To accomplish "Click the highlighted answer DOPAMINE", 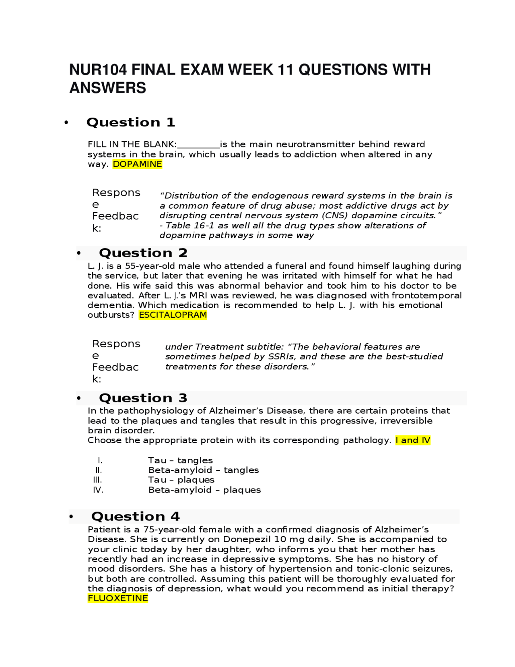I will (x=137, y=164).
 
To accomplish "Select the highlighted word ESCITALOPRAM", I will (x=173, y=315).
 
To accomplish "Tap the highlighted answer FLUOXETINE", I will (x=118, y=599).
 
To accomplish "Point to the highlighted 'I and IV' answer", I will (x=413, y=440).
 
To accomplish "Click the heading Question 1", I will (x=131, y=122).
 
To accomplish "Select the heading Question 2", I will (x=143, y=253).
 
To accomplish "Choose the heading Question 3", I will (x=143, y=398).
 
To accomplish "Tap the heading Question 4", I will (x=136, y=516).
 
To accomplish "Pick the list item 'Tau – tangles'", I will (x=180, y=460).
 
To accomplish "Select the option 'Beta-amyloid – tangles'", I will (x=203, y=470).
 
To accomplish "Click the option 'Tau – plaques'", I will (x=181, y=480).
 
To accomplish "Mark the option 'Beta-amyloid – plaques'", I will (x=204, y=490).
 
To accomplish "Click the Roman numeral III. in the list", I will (x=97, y=480).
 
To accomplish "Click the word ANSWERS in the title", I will (x=108, y=88).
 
